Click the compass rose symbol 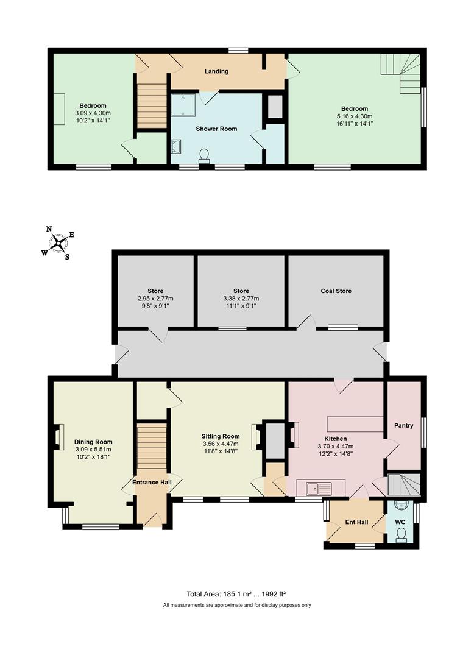click(58, 243)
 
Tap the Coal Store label click(336, 291)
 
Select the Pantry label click(403, 425)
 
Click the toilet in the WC click(401, 534)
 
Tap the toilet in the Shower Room click(203, 157)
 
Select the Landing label click(216, 71)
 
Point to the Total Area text click(236, 593)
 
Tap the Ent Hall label click(356, 522)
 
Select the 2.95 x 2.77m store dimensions click(155, 299)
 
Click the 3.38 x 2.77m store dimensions click(241, 299)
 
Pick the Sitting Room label click(221, 436)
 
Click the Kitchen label click(336, 439)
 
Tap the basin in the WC click(399, 506)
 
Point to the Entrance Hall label click(152, 483)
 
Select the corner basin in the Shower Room click(177, 146)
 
